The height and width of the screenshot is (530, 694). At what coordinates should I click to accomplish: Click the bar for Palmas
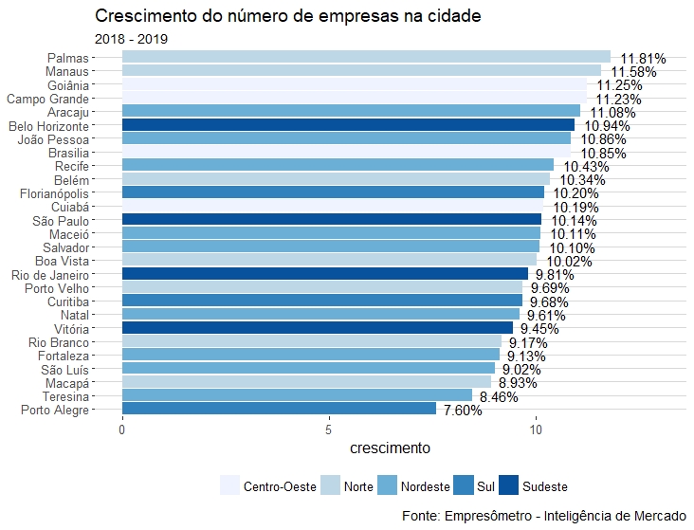coord(366,57)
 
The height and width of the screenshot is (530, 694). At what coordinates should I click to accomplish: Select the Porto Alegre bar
coord(279,409)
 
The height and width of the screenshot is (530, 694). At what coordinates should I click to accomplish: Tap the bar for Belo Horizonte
coord(348,125)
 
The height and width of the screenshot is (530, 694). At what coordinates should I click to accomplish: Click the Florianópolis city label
coord(56,192)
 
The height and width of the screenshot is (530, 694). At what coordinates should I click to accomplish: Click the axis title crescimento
coord(391,448)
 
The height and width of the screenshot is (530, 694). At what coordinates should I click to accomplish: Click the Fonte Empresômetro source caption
coord(543,516)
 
